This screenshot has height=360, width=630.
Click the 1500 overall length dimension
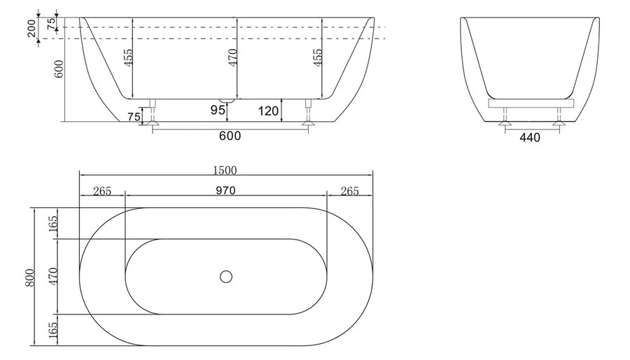[225, 170]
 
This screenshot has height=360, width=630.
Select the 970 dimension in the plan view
[225, 190]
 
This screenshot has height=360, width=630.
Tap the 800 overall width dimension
[30, 277]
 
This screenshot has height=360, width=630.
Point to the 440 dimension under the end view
[530, 138]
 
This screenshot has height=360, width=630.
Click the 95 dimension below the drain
[218, 110]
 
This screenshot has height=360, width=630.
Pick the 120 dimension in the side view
[268, 111]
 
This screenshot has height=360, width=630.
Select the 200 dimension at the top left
[31, 29]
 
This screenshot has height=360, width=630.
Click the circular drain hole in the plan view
[226, 277]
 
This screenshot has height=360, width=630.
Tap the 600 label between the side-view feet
[230, 136]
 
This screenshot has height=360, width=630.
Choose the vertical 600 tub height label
[59, 69]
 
